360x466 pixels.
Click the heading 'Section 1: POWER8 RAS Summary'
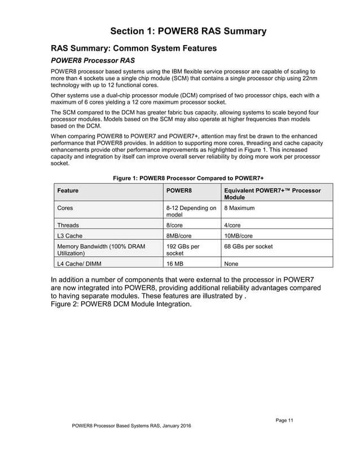(187, 30)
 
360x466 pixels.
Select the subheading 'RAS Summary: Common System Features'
(134, 49)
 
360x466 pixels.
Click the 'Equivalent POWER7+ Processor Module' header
(272, 194)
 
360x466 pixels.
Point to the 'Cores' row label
(65, 208)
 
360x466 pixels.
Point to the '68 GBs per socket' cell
(252, 246)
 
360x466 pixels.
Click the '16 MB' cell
(175, 262)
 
